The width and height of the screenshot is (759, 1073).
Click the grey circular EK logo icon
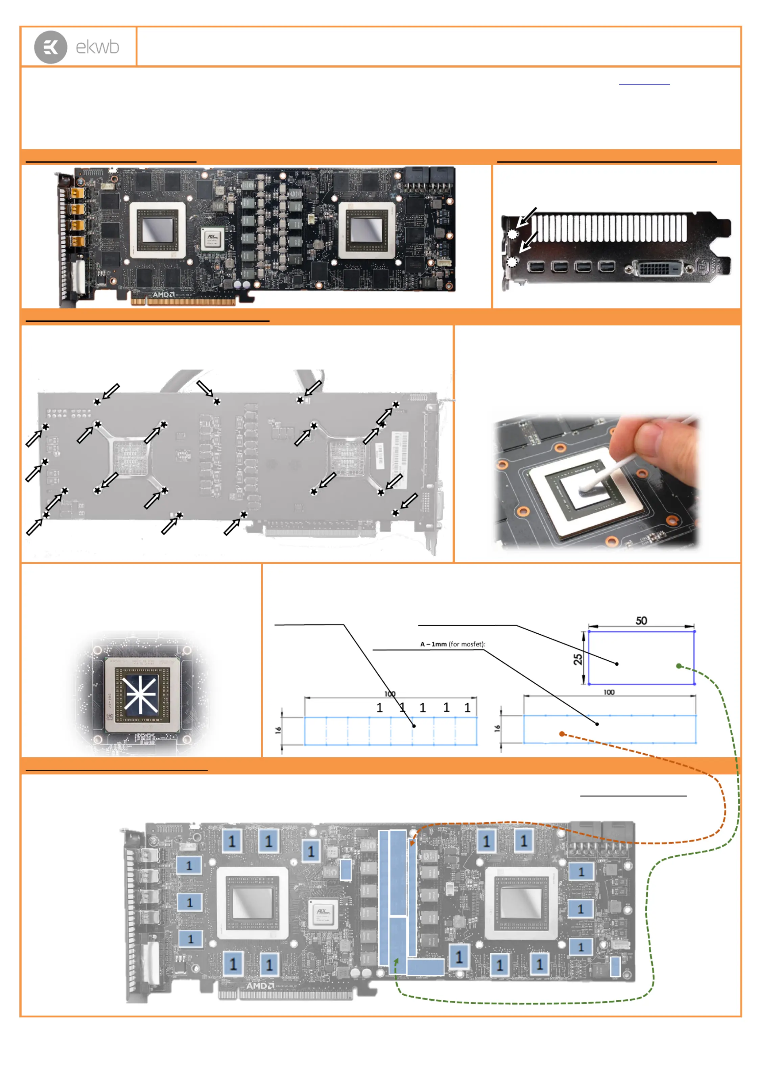pyautogui.click(x=50, y=47)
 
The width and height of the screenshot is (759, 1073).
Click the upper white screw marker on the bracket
pyautogui.click(x=513, y=234)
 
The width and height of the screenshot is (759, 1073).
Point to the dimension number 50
pyautogui.click(x=641, y=620)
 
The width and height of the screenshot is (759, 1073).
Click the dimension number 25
pyautogui.click(x=578, y=659)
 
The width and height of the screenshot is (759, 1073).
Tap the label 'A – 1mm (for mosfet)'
pyautogui.click(x=452, y=644)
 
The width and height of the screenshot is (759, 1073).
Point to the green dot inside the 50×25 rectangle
pyautogui.click(x=679, y=666)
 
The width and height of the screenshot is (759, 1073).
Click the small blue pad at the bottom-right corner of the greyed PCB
pyautogui.click(x=615, y=967)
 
